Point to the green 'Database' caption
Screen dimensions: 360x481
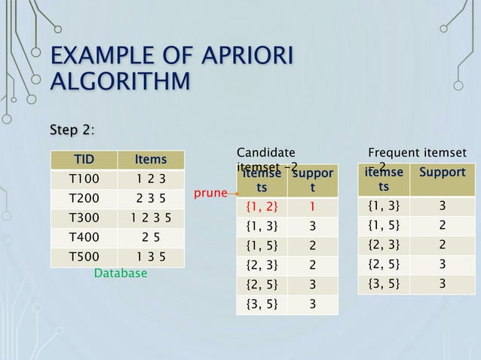coord(120,273)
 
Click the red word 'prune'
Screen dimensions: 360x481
coord(210,194)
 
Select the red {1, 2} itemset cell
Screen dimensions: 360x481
coord(262,205)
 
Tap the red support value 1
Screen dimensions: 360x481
coord(312,205)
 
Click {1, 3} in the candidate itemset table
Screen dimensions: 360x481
coord(262,225)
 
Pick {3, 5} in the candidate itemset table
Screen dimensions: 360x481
coord(262,304)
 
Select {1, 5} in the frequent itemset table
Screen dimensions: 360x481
coord(384,224)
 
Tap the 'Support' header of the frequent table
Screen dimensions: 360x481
coord(442,172)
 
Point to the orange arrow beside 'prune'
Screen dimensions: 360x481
coord(231,194)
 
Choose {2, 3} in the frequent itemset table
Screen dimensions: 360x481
coord(384,244)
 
